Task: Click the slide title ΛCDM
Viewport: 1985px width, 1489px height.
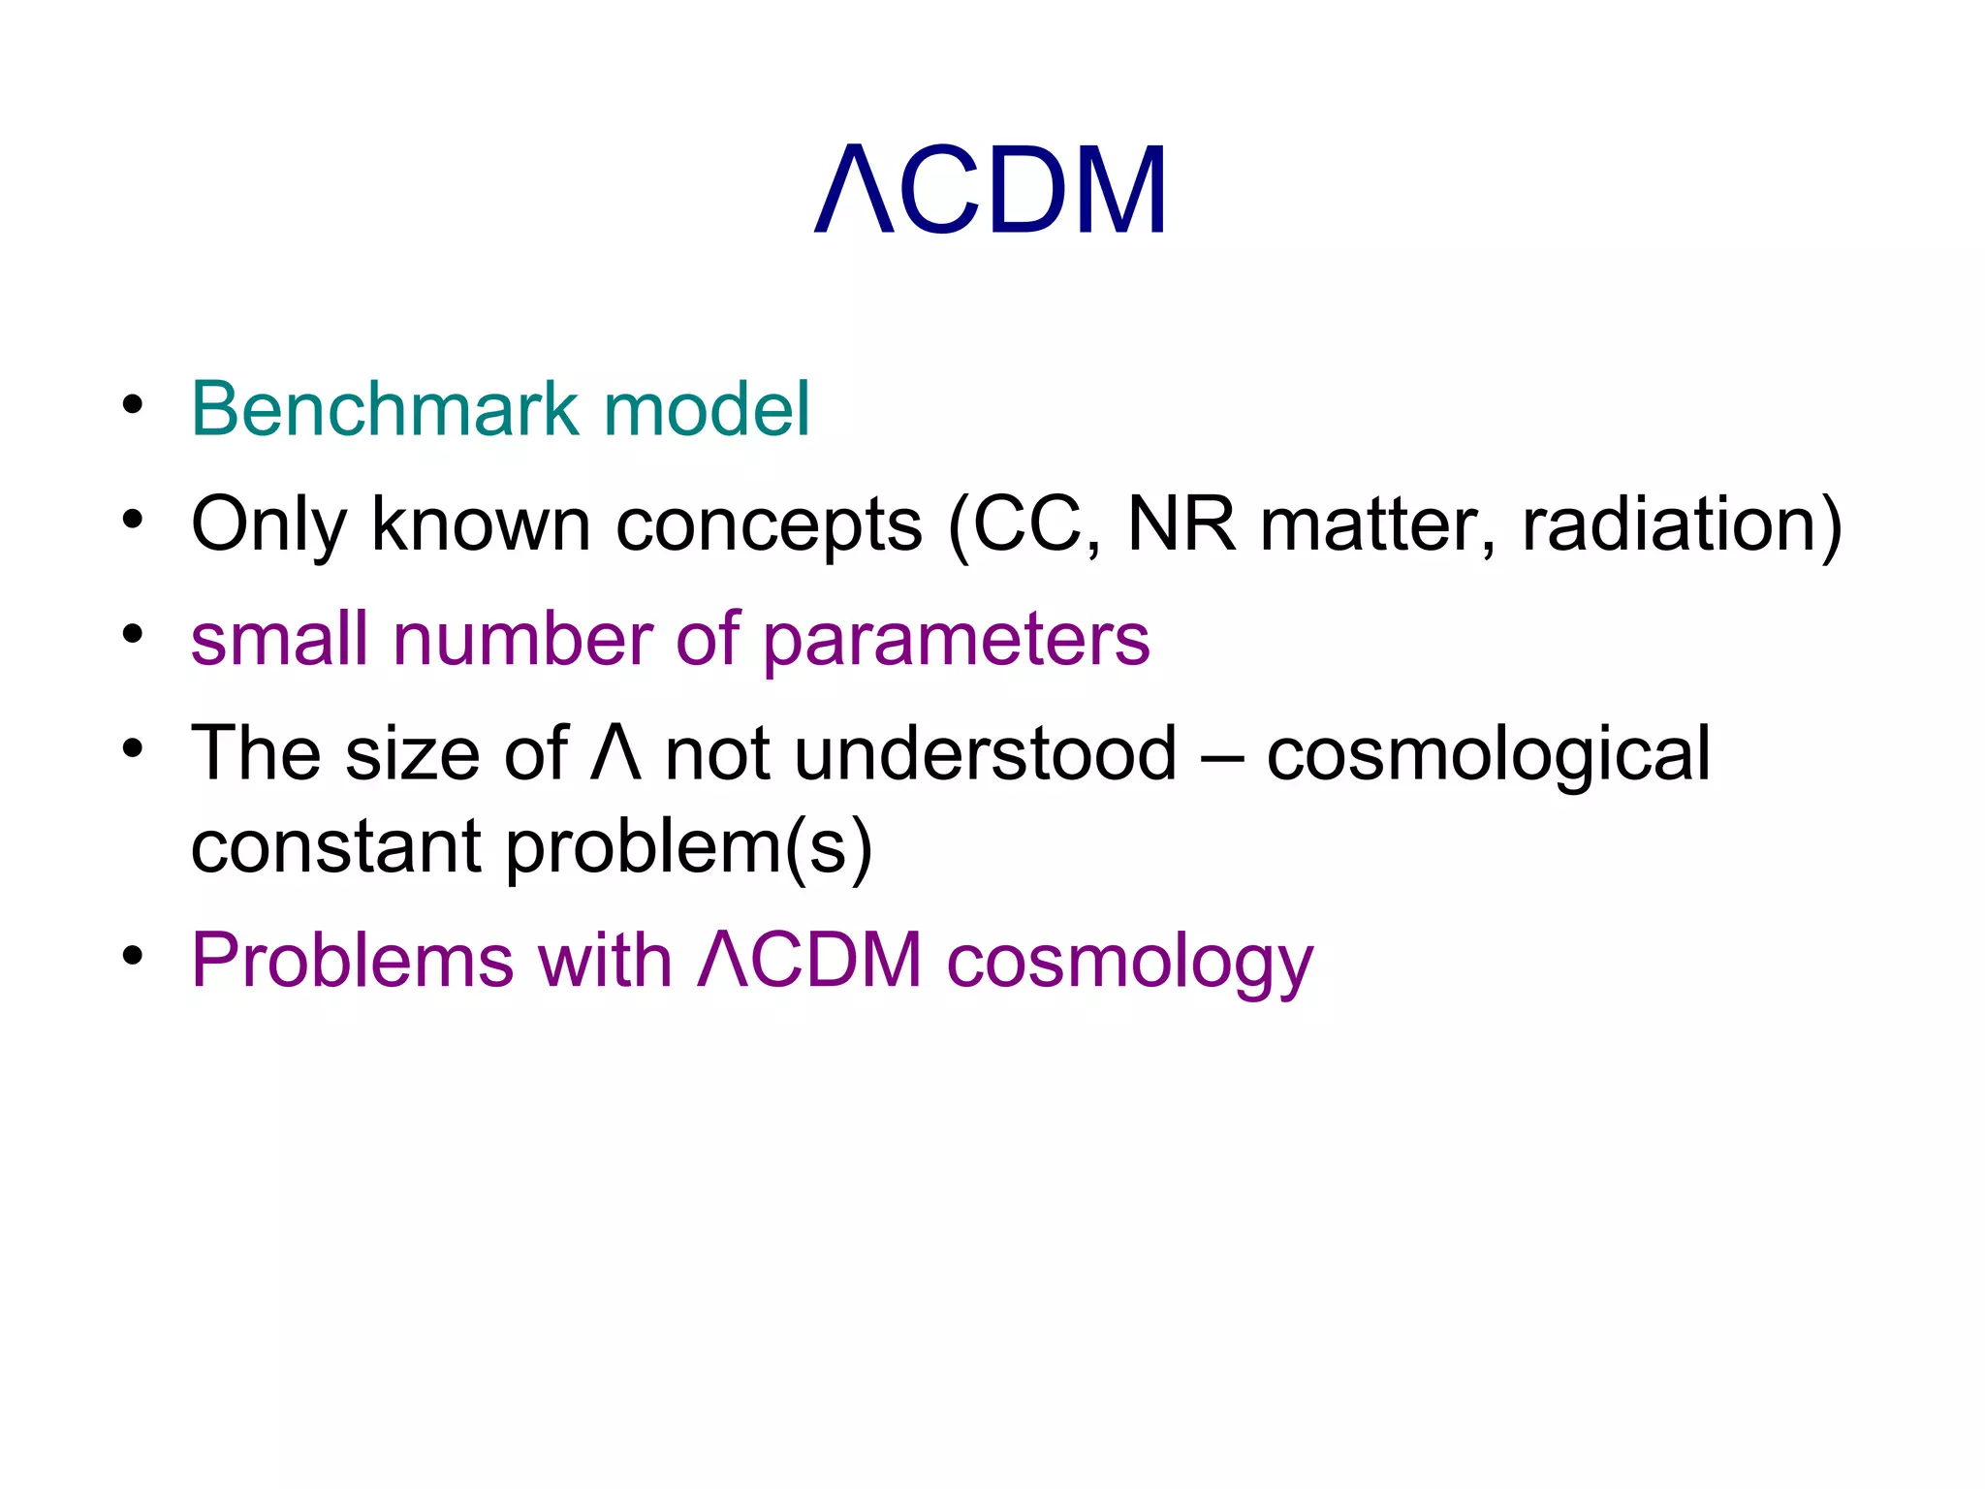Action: click(x=991, y=190)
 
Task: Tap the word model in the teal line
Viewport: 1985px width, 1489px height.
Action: click(x=706, y=408)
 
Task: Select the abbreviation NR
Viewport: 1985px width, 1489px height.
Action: click(x=1181, y=524)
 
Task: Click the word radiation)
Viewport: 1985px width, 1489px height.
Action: click(x=1682, y=524)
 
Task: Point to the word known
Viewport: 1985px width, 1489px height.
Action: click(x=481, y=524)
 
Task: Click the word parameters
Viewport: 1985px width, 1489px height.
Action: click(x=956, y=641)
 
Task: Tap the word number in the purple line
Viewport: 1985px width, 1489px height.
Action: click(x=522, y=639)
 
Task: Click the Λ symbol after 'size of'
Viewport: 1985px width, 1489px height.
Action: click(x=615, y=753)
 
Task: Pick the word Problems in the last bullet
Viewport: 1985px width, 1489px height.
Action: click(x=352, y=961)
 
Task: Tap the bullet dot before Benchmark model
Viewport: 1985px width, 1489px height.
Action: click(x=133, y=404)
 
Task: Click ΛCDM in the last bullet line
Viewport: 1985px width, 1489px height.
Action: click(x=809, y=961)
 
